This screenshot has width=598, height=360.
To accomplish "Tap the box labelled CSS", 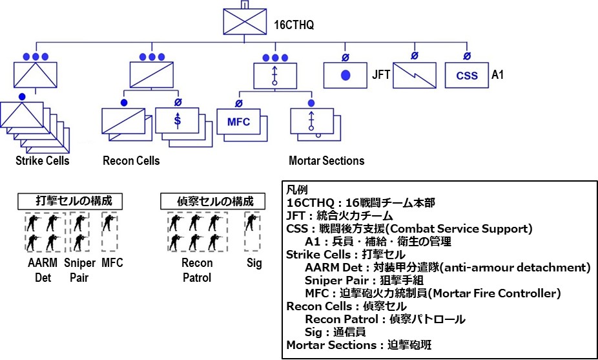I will [x=467, y=75].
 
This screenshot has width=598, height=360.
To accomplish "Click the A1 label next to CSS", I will [x=498, y=75].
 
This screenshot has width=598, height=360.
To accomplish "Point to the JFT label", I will [x=381, y=75].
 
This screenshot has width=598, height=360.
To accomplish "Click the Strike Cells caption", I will [x=43, y=160].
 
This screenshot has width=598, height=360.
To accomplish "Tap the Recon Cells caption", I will [x=131, y=160].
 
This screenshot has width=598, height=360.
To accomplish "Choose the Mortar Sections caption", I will [x=326, y=160].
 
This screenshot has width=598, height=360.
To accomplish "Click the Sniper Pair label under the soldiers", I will [x=81, y=270].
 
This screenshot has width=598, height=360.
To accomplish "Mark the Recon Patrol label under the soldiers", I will [x=197, y=270].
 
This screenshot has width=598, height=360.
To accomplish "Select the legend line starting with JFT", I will [x=349, y=216].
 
